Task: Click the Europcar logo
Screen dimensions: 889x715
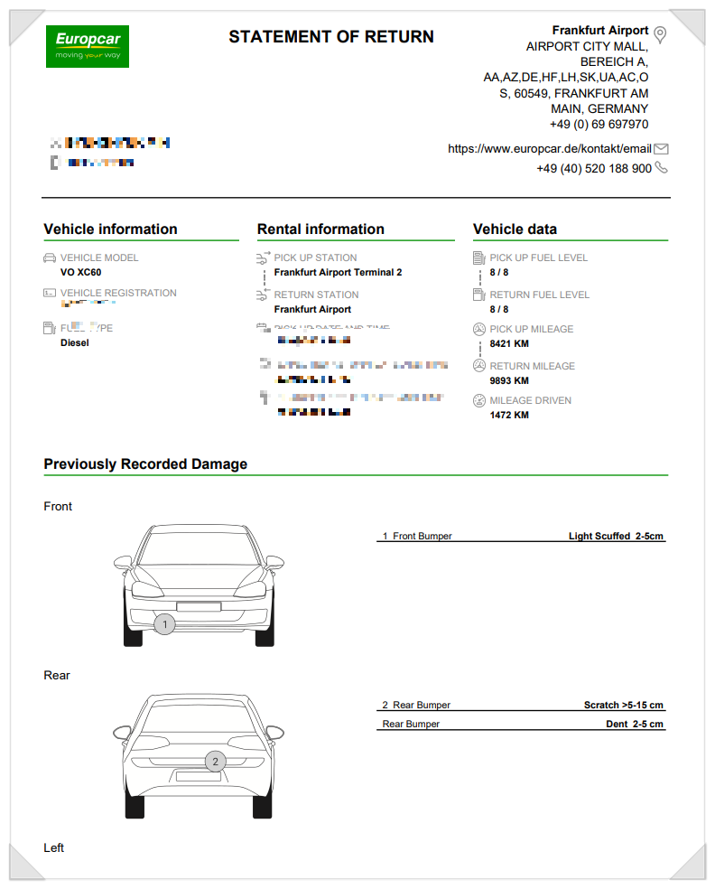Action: (x=88, y=46)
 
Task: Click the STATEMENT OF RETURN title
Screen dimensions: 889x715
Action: (x=330, y=37)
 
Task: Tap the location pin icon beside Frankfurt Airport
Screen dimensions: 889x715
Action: (x=660, y=34)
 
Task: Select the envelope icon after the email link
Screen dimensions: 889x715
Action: (x=661, y=149)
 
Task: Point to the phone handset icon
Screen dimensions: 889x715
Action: (x=661, y=168)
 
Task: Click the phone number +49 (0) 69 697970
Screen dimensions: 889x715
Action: (x=599, y=125)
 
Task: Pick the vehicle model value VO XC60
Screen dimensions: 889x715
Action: (x=80, y=272)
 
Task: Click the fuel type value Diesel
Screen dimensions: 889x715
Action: (x=75, y=343)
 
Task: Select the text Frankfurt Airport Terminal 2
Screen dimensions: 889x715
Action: (x=338, y=272)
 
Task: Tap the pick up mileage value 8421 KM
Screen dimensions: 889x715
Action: (x=509, y=344)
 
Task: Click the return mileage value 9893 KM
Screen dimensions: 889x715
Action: (x=509, y=380)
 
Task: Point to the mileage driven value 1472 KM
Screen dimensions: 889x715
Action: (x=509, y=416)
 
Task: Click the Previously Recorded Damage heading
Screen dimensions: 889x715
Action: (x=145, y=464)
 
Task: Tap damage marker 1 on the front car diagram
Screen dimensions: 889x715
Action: (x=164, y=624)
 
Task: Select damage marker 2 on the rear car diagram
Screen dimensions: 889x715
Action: (x=215, y=762)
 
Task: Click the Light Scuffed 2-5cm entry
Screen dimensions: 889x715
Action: (x=616, y=537)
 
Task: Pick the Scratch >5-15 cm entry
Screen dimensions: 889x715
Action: (x=623, y=706)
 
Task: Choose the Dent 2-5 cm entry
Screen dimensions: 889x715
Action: (x=634, y=725)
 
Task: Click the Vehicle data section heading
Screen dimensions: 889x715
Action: (x=515, y=229)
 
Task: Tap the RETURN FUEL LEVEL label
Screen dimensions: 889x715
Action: (x=539, y=295)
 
